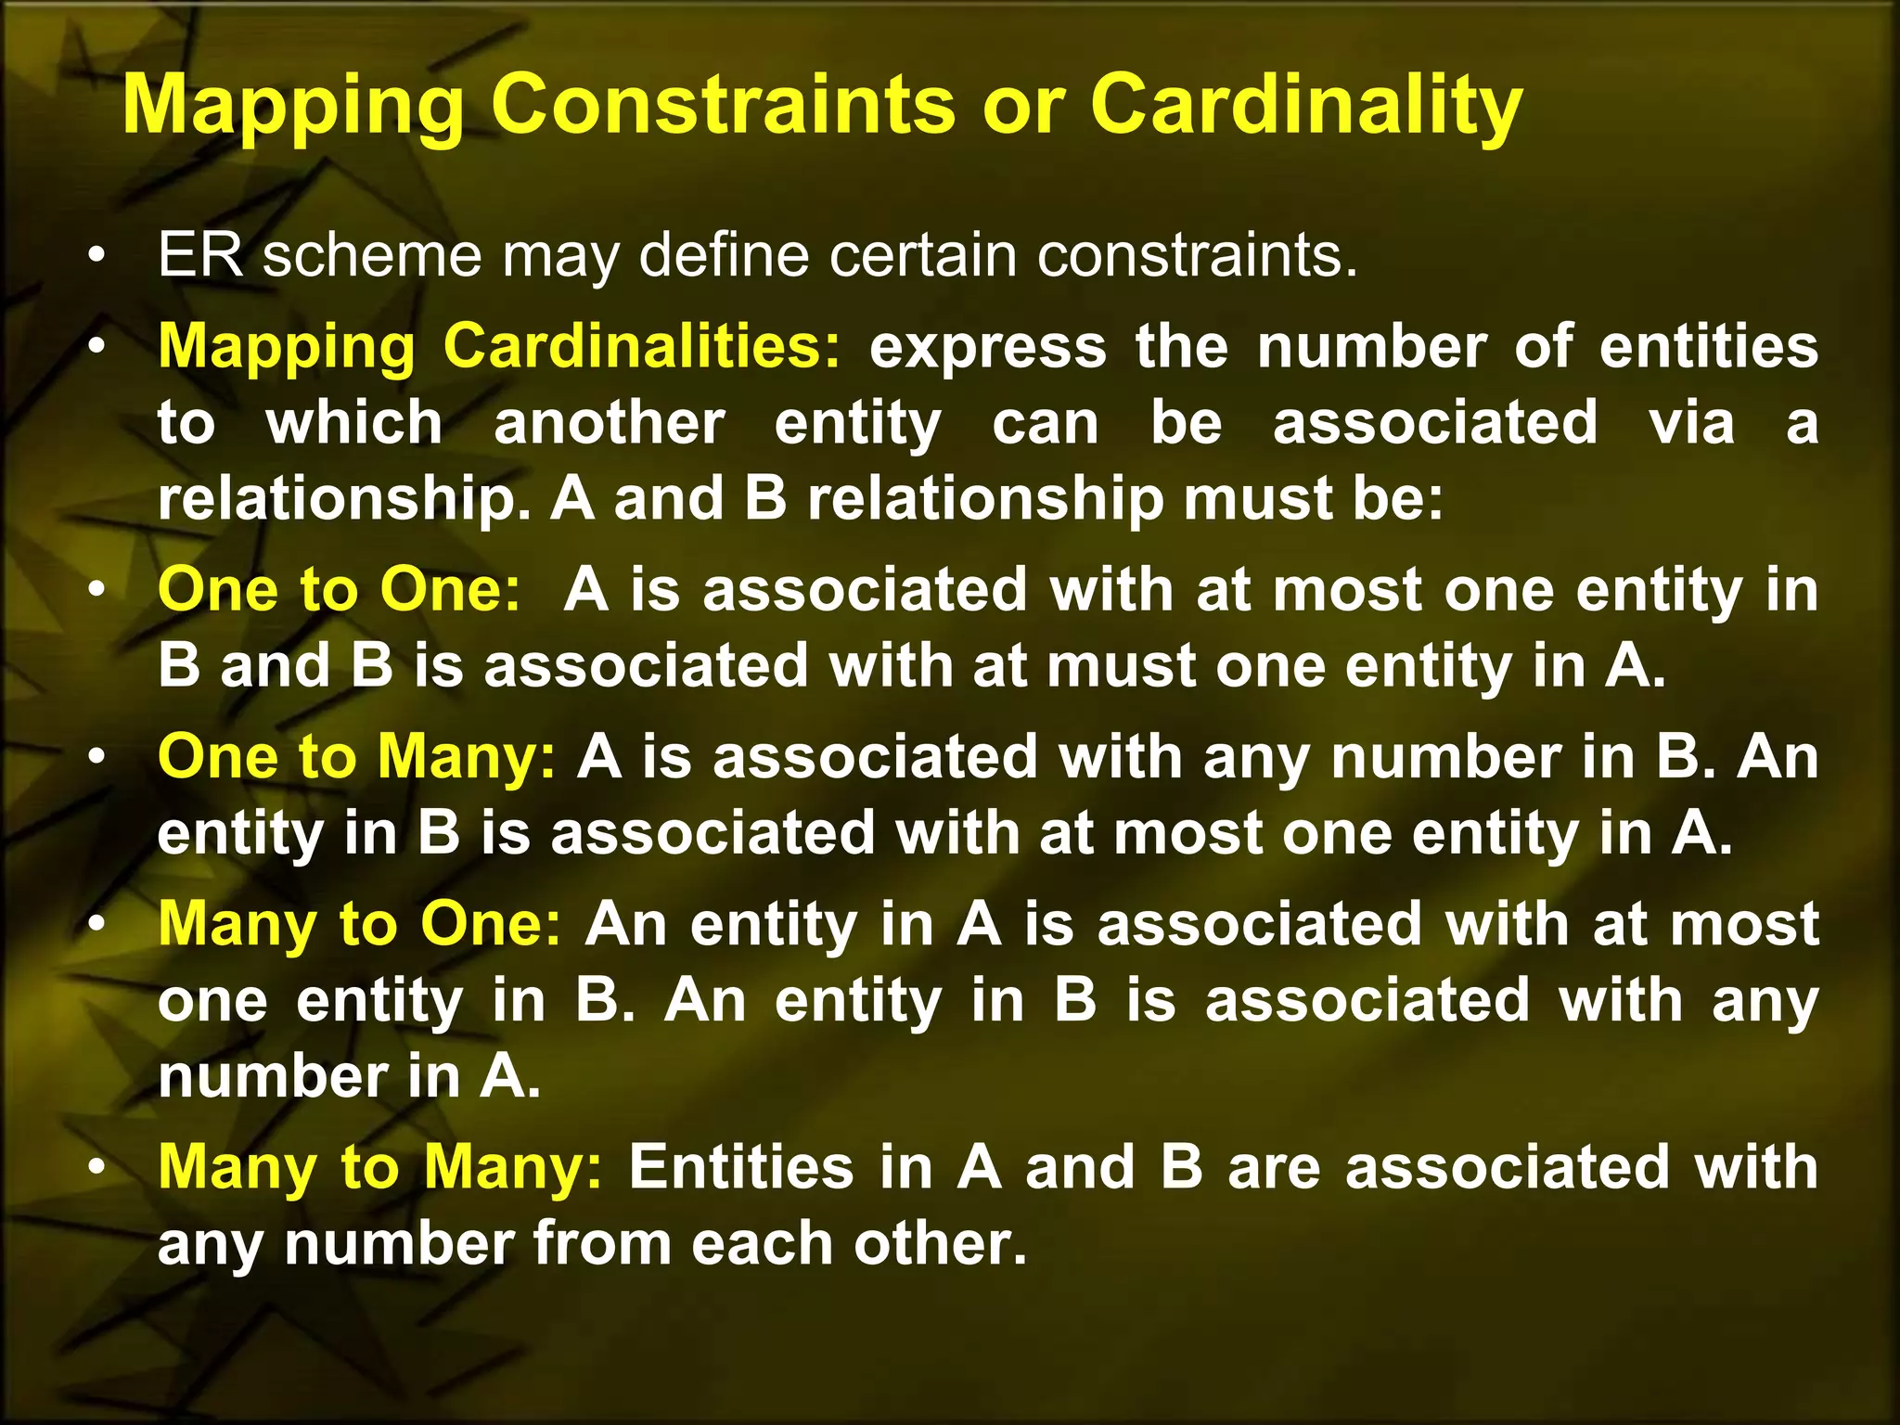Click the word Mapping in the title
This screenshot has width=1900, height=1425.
(293, 106)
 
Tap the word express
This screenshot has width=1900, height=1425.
(987, 347)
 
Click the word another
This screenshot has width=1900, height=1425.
(609, 423)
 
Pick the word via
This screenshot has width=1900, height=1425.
(1691, 423)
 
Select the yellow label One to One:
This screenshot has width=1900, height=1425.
(340, 590)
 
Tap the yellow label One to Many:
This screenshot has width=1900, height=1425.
(357, 757)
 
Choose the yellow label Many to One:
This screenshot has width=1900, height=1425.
(360, 926)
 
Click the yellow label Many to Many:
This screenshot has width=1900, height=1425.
(380, 1167)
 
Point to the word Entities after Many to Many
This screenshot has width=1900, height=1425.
(740, 1167)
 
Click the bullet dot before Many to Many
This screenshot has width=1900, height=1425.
(96, 1168)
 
